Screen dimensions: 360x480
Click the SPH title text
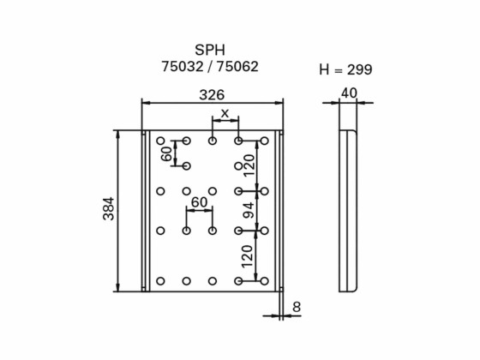click(x=211, y=50)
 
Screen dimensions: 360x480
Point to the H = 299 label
click(x=345, y=70)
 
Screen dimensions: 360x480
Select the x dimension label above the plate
click(x=225, y=113)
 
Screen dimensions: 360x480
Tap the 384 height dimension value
click(x=109, y=209)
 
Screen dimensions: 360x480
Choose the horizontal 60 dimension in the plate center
click(x=199, y=202)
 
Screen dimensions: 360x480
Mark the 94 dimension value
click(x=249, y=210)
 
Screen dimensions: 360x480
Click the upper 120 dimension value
click(x=249, y=165)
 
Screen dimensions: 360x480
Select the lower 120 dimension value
click(x=249, y=255)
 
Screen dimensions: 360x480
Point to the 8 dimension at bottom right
click(x=297, y=306)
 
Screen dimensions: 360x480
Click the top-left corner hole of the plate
click(x=160, y=141)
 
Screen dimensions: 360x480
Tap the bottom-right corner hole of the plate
click(x=265, y=281)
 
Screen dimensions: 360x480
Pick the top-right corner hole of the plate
click(x=265, y=141)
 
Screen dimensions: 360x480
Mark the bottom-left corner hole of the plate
click(x=160, y=281)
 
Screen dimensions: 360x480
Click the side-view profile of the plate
click(x=348, y=210)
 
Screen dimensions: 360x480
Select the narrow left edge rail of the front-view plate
click(x=146, y=210)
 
